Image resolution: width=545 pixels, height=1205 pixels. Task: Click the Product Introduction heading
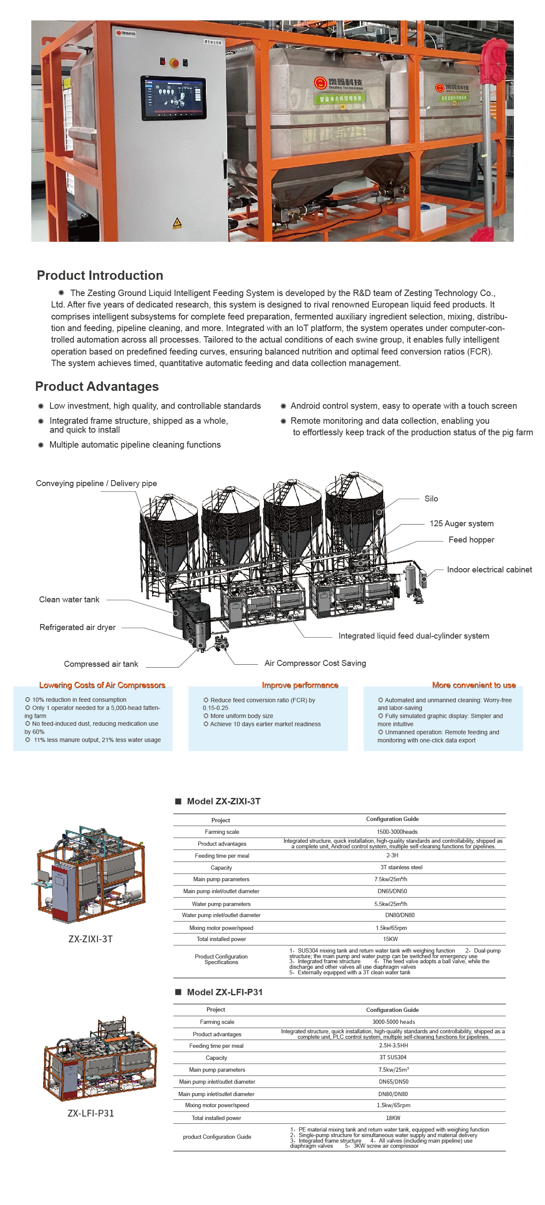[x=100, y=275]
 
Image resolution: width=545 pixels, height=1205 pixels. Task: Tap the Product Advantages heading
[x=97, y=387]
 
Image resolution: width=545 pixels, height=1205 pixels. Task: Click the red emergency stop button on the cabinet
[x=174, y=62]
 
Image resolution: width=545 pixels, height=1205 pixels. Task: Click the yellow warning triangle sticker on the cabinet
[x=177, y=223]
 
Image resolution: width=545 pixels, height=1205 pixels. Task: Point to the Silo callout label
[x=431, y=498]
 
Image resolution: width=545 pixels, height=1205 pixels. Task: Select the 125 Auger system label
[x=461, y=523]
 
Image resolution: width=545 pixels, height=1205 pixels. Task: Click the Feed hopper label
[x=471, y=540]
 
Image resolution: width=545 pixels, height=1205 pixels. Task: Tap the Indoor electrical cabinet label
[x=489, y=570]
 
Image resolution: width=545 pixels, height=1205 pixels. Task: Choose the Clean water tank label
[x=69, y=600]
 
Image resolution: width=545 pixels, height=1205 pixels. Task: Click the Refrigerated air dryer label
[x=77, y=627]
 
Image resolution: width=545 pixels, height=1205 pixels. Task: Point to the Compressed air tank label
[x=101, y=664]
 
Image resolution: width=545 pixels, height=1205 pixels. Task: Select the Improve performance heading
[x=300, y=685]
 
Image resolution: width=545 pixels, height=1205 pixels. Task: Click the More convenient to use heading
[x=473, y=685]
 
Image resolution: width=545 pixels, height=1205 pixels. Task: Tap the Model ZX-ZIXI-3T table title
[x=224, y=801]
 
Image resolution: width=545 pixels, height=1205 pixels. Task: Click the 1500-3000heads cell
[x=397, y=832]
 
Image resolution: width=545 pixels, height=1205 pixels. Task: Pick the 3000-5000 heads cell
[x=393, y=1022]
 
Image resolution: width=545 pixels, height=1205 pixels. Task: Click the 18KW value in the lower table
[x=393, y=1118]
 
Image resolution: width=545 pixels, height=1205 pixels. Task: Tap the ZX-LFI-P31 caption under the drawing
[x=91, y=1113]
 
